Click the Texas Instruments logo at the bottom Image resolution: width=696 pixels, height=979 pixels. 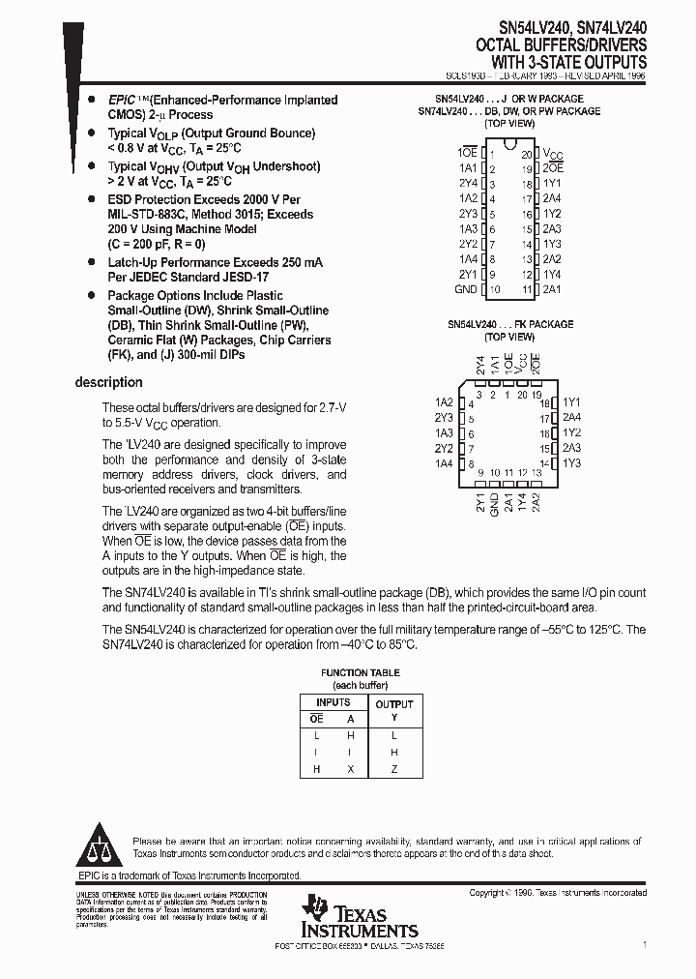click(x=360, y=917)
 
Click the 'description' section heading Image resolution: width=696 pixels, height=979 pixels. click(x=108, y=383)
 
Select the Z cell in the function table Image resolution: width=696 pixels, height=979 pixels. click(x=393, y=768)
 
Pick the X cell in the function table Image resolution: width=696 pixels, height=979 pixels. click(x=350, y=768)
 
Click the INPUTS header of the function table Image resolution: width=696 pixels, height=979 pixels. click(x=333, y=702)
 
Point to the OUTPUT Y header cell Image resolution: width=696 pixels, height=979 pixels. click(x=393, y=710)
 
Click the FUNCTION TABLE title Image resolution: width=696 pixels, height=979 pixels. click(x=361, y=672)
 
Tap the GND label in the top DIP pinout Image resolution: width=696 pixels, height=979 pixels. click(x=465, y=289)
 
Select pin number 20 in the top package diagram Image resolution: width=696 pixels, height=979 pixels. click(x=526, y=155)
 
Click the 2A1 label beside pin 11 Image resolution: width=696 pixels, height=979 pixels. click(x=551, y=289)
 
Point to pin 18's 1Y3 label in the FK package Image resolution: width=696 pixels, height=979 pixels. click(x=571, y=463)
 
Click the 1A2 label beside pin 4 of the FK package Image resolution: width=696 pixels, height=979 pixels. click(x=444, y=401)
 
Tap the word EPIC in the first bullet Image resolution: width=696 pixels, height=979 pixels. click(x=122, y=101)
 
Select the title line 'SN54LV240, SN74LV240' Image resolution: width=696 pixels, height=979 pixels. click(x=559, y=29)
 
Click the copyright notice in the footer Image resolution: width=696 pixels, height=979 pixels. click(x=558, y=893)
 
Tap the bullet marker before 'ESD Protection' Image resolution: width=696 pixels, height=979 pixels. click(x=91, y=200)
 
